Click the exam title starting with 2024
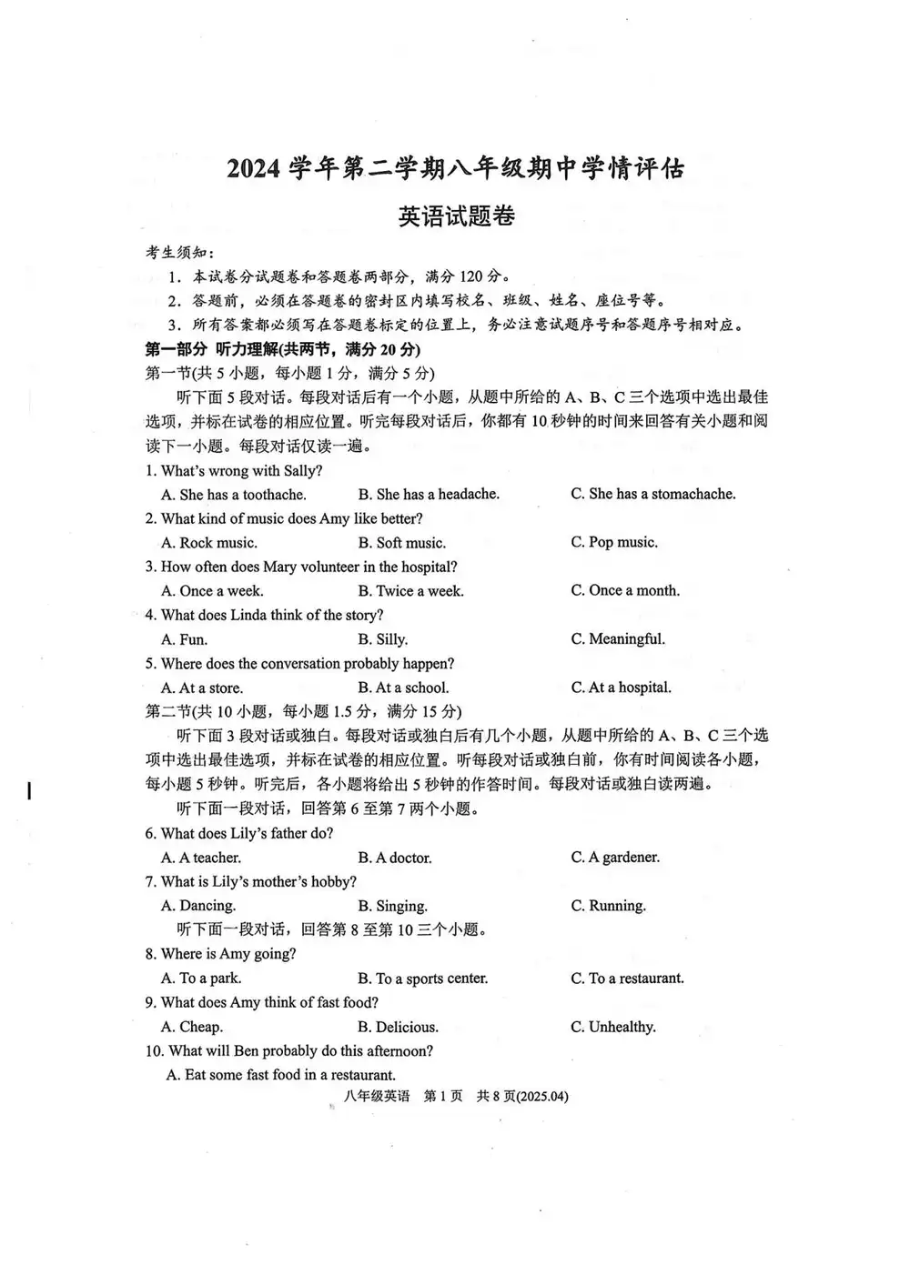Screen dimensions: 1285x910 click(455, 169)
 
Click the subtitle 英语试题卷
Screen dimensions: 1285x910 click(456, 217)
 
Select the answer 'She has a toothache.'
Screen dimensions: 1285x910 click(234, 495)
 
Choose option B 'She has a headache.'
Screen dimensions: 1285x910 click(429, 495)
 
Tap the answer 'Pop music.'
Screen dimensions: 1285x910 click(614, 543)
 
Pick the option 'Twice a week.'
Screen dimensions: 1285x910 click(410, 591)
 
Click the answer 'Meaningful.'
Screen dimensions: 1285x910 click(618, 639)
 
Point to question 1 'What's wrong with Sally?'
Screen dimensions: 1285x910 click(234, 471)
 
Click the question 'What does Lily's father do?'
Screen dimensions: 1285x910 click(239, 833)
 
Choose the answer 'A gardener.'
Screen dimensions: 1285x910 click(615, 858)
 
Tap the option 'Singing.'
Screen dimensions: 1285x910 click(392, 906)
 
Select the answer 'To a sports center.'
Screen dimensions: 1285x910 click(423, 979)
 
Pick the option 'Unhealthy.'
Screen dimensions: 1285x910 click(613, 1027)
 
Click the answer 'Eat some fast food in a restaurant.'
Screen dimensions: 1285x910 click(281, 1075)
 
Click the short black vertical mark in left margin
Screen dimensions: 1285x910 click(29, 790)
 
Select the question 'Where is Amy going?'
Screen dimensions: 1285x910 click(228, 954)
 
